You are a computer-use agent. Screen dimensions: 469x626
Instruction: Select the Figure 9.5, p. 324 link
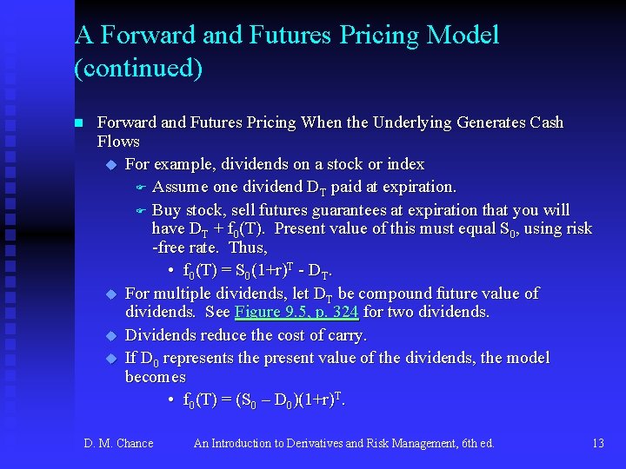click(x=296, y=312)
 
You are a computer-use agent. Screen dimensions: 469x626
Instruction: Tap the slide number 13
click(x=597, y=444)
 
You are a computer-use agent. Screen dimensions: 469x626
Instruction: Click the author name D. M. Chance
click(x=118, y=444)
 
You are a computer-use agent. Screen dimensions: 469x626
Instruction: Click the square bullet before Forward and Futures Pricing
click(x=78, y=123)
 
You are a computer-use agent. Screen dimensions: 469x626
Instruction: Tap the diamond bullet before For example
click(x=110, y=165)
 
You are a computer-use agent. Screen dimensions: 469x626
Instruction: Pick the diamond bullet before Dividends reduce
click(x=110, y=335)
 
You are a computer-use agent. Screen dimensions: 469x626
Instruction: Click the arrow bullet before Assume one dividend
click(x=139, y=188)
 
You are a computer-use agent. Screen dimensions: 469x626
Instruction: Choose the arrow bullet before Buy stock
click(x=139, y=211)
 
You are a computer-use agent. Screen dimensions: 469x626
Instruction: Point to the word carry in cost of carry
click(x=346, y=334)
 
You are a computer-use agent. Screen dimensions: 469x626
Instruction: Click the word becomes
click(x=156, y=377)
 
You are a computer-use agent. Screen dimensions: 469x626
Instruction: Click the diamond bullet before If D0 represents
click(x=110, y=359)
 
